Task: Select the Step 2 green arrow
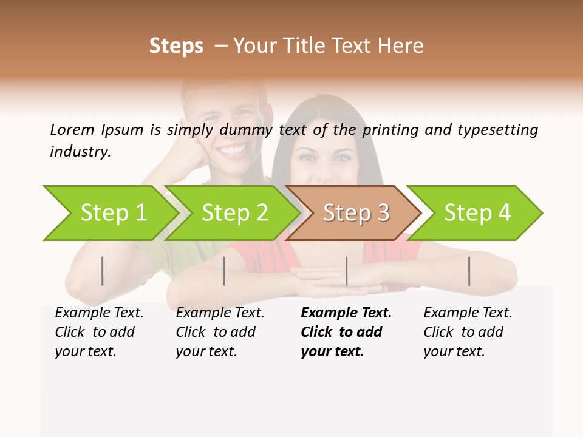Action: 234,213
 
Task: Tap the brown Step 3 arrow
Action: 355,213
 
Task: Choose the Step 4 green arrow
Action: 477,213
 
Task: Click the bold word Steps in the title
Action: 176,46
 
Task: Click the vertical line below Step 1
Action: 103,271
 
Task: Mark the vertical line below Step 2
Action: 224,271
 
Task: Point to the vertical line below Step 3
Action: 346,271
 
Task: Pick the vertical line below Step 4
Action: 469,271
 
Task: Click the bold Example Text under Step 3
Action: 346,313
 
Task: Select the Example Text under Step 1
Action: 99,313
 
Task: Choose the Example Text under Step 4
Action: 468,313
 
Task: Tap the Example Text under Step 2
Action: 220,313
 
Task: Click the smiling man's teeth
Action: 233,148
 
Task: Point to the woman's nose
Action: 326,168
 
